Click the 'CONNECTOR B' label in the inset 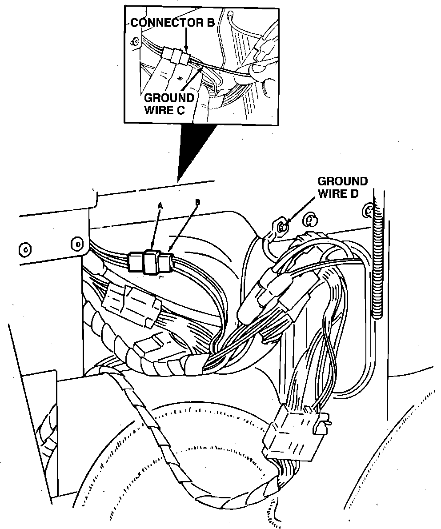tap(172, 23)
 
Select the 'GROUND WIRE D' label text tap(343, 187)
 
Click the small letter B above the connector tap(198, 203)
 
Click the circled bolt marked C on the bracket tap(25, 249)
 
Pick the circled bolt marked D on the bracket tap(77, 244)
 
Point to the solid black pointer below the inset tap(196, 151)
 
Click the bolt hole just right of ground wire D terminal tap(310, 219)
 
